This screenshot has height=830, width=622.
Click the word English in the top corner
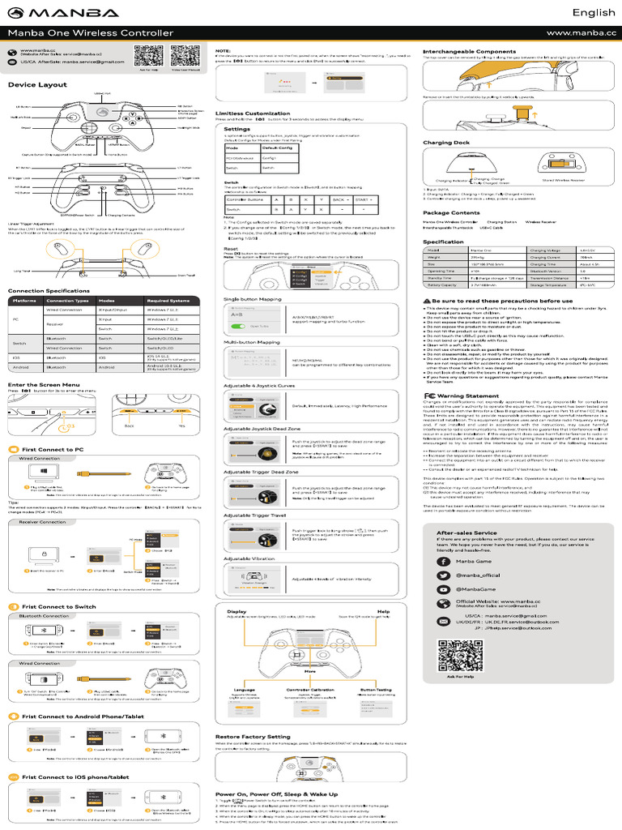point(594,12)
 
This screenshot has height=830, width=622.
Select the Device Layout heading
point(37,84)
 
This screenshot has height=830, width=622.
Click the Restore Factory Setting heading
point(252,736)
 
